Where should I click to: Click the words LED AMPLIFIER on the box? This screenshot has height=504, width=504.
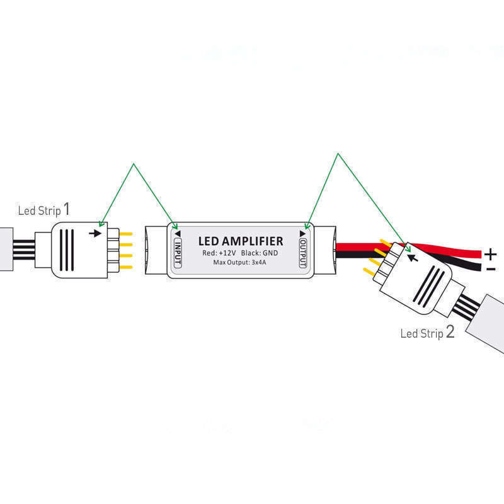241,241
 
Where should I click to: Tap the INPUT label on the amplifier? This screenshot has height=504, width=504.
178,251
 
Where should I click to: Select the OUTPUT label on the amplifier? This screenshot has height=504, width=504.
303,251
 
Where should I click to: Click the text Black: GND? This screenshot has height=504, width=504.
260,253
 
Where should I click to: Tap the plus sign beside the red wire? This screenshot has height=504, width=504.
491,254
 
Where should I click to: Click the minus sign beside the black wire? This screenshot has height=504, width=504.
491,269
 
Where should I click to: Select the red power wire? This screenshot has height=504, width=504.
441,251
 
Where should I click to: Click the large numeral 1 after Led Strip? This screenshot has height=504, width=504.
67,209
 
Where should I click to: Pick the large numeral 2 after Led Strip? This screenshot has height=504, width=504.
450,332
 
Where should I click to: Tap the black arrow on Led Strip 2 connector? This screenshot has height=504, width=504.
413,257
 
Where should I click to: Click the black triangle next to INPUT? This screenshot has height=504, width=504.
178,233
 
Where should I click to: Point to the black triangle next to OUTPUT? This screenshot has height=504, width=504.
303,233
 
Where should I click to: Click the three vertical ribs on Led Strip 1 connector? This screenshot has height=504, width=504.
69,249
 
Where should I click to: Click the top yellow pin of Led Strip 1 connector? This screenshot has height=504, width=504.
125,234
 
